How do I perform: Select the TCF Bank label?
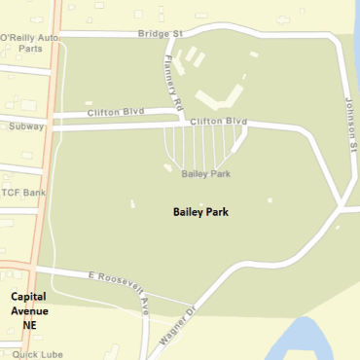point(23,193)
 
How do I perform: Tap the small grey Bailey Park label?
point(205,173)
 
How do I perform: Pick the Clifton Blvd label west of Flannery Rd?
point(108,112)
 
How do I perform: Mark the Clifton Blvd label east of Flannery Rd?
point(218,121)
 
